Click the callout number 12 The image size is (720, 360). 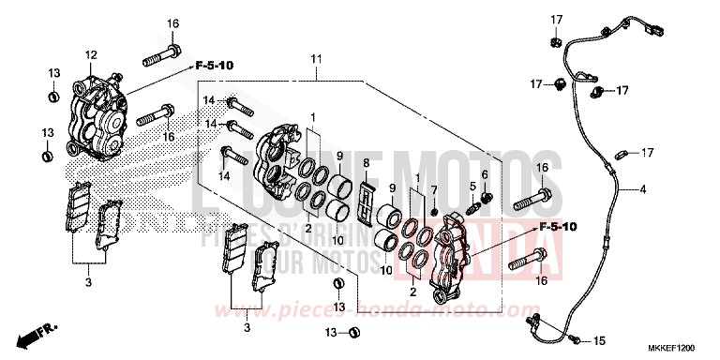[x=92, y=54]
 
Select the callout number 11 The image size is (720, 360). [x=316, y=59]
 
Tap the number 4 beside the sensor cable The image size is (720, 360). [x=642, y=190]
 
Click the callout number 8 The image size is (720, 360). [x=367, y=164]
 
